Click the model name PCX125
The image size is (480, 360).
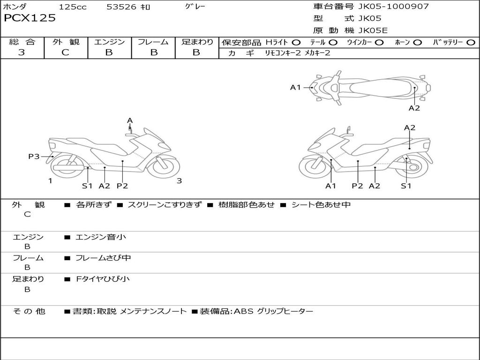[30, 18]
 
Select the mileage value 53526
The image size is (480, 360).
[121, 7]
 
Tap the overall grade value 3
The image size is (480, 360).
[22, 52]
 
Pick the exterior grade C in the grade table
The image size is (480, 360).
[65, 52]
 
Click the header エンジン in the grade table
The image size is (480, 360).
[109, 42]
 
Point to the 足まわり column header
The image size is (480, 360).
[197, 42]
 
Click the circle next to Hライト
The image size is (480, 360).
[296, 43]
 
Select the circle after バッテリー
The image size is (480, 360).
[471, 43]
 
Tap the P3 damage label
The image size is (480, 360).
[34, 157]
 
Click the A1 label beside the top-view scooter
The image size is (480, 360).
[295, 87]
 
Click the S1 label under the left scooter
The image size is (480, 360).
[87, 186]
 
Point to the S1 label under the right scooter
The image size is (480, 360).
[406, 186]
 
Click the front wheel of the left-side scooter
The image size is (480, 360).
[163, 165]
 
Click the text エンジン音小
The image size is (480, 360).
[101, 237]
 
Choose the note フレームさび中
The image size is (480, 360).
[103, 258]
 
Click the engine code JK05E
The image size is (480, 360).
[373, 30]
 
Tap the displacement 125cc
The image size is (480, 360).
[73, 7]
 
